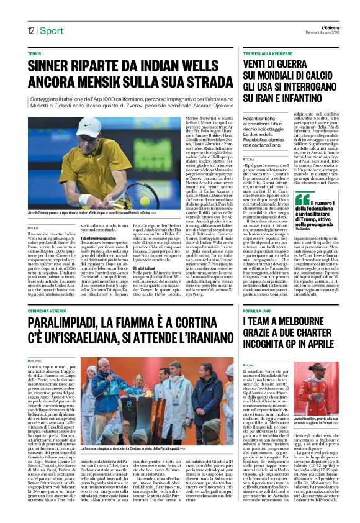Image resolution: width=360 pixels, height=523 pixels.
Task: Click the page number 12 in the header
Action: (30, 30)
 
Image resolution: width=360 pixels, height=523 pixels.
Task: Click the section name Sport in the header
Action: (53, 30)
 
